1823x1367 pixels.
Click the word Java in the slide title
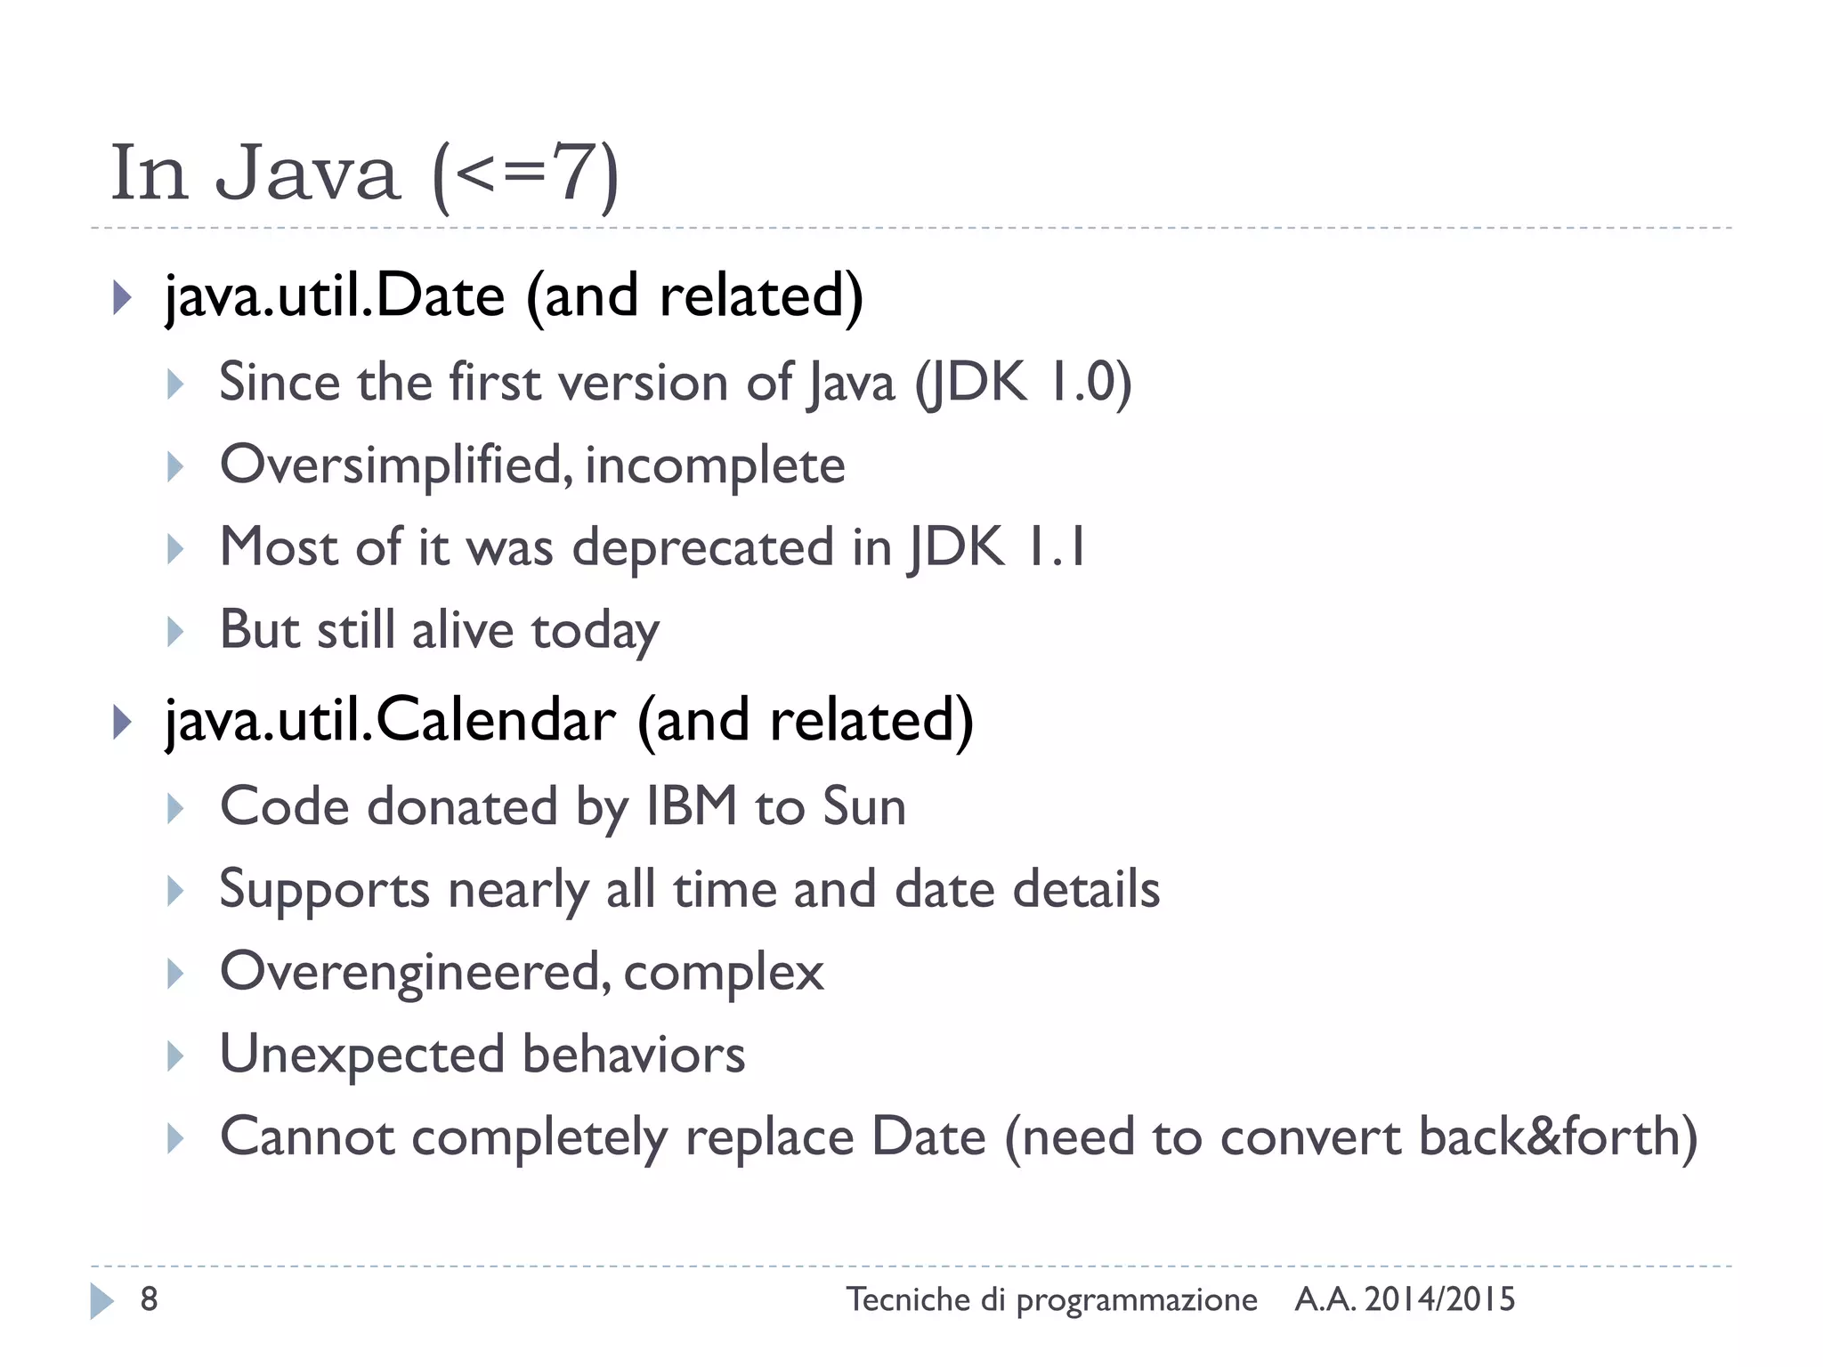[307, 173]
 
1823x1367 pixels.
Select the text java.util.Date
[335, 296]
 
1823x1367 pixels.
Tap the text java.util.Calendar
[390, 720]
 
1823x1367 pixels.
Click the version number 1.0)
[1090, 383]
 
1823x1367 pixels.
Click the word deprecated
[702, 547]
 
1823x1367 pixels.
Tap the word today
[596, 631]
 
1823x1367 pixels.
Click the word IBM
[692, 806]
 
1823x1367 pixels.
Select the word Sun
[863, 806]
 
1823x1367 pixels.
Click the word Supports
[325, 890]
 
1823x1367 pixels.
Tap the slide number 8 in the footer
[150, 1299]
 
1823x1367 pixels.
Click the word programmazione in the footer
[1137, 1300]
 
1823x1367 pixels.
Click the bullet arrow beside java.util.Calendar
[123, 722]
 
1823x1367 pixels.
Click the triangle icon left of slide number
[101, 1301]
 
